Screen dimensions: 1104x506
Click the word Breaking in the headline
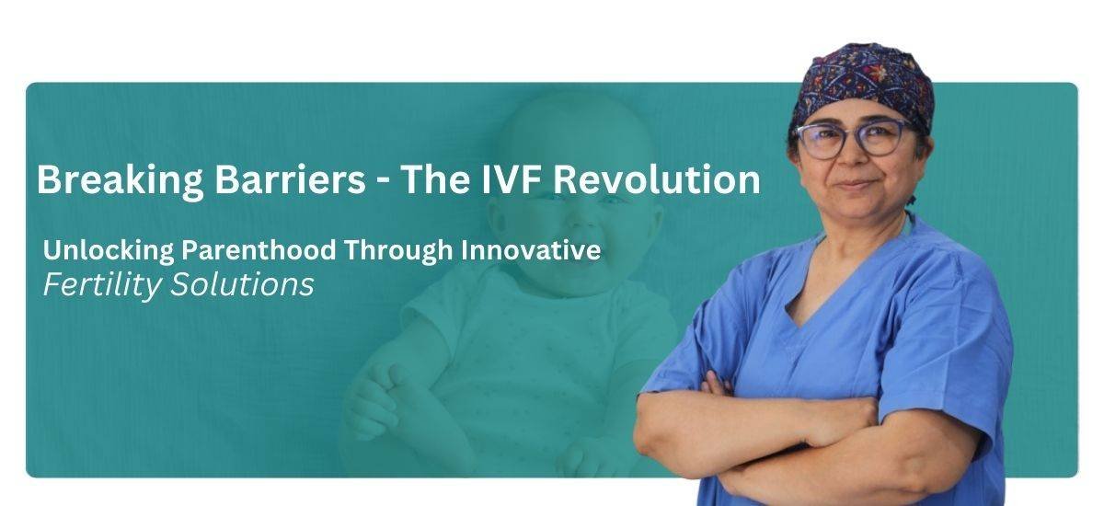[x=121, y=181]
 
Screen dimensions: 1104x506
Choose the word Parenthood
[x=259, y=250]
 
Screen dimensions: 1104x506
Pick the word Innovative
[x=531, y=250]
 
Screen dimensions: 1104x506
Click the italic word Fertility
[x=102, y=285]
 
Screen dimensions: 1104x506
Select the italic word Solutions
[x=242, y=284]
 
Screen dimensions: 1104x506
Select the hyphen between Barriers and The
[x=383, y=182]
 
